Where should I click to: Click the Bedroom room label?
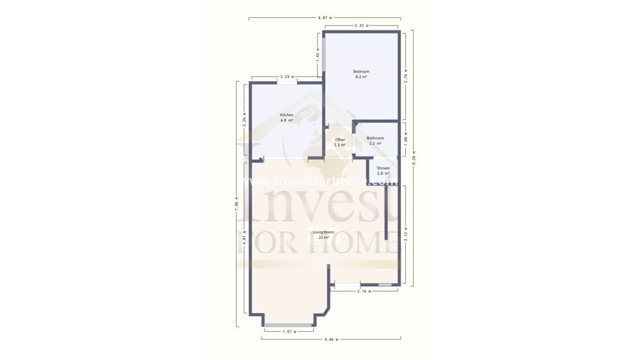[361, 71]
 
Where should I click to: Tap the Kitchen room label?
[287, 115]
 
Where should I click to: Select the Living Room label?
[324, 232]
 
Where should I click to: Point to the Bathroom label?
[375, 138]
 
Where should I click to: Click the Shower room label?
[383, 168]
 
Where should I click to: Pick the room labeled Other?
[340, 140]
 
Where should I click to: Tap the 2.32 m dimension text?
[362, 26]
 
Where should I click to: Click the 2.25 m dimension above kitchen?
[287, 76]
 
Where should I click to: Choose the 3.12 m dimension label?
[406, 235]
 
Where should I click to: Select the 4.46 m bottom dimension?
[331, 339]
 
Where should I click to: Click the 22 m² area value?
[324, 237]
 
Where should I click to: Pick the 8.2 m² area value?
[361, 76]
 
